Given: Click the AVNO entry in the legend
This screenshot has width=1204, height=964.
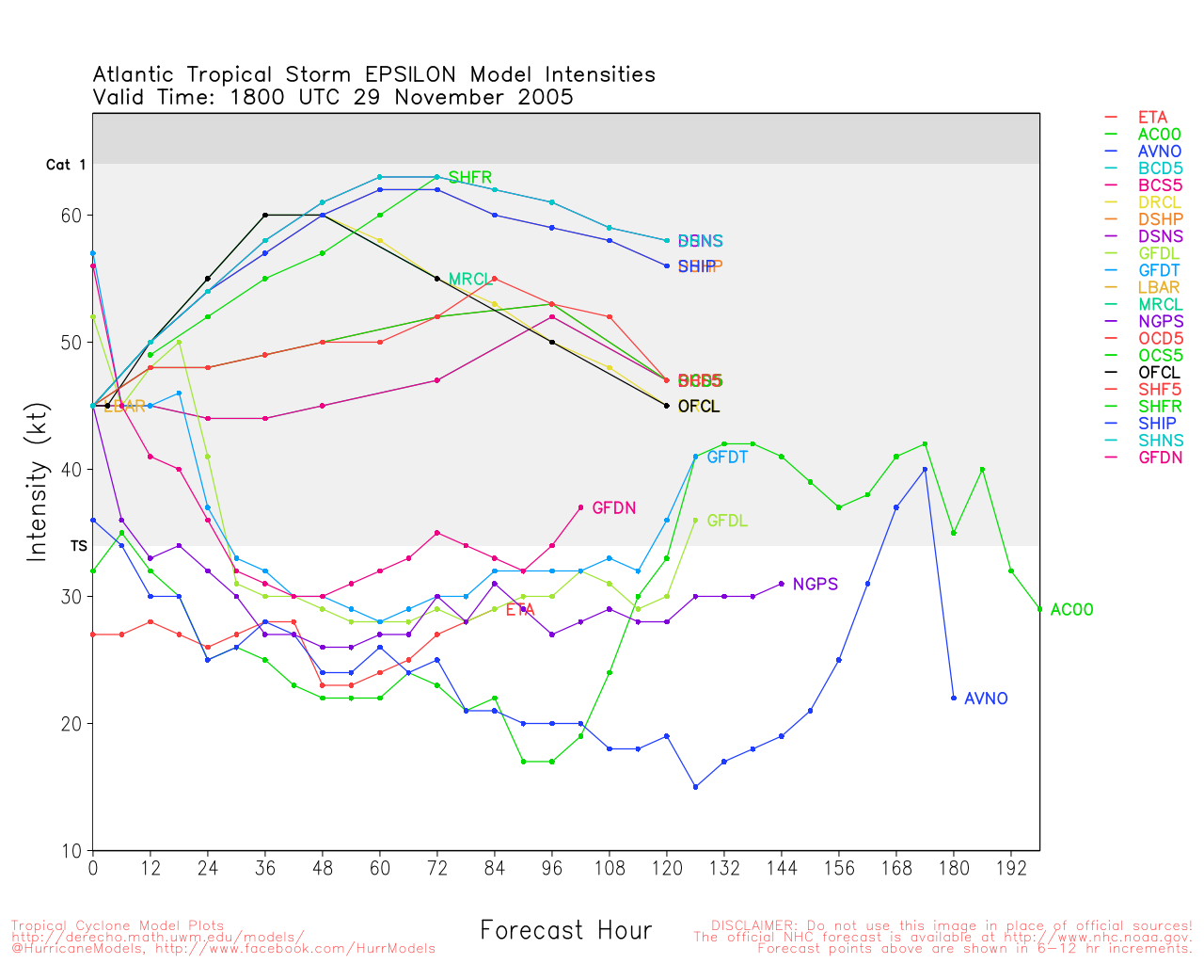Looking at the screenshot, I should click(x=1159, y=152).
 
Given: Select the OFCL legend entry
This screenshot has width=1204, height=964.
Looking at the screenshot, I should click(x=1159, y=373).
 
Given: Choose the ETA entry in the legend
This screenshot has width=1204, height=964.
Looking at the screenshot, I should click(x=1152, y=118).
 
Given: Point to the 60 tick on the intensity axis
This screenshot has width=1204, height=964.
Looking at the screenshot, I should click(x=71, y=216).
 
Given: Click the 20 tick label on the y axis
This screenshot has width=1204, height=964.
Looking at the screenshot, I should click(x=71, y=724).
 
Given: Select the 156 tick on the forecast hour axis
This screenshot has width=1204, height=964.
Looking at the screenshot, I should click(x=839, y=867).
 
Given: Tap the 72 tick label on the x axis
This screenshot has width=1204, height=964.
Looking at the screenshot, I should click(x=436, y=867).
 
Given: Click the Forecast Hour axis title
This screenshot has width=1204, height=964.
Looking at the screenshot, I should click(x=565, y=931).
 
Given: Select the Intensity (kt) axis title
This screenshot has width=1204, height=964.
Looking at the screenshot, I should click(x=37, y=481).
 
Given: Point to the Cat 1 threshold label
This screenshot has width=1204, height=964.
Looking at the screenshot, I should click(x=66, y=165).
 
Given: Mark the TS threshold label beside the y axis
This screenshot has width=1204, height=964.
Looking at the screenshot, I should click(x=79, y=546).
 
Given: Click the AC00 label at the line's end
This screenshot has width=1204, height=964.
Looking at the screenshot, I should click(x=1071, y=610).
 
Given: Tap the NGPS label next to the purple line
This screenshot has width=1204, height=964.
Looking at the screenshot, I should click(x=815, y=585).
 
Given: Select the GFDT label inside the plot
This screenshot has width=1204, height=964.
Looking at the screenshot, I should click(x=727, y=458).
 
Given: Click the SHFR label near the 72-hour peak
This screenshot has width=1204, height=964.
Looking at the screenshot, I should click(x=469, y=178).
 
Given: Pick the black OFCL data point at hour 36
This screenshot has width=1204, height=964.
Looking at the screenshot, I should click(x=265, y=216).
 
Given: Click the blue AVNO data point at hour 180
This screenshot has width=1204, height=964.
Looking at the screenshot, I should click(x=954, y=699).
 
